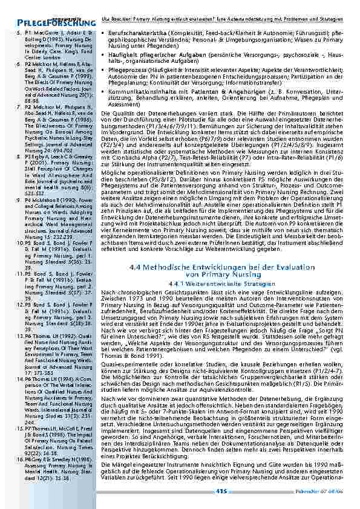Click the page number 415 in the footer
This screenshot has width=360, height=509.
(x=222, y=491)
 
